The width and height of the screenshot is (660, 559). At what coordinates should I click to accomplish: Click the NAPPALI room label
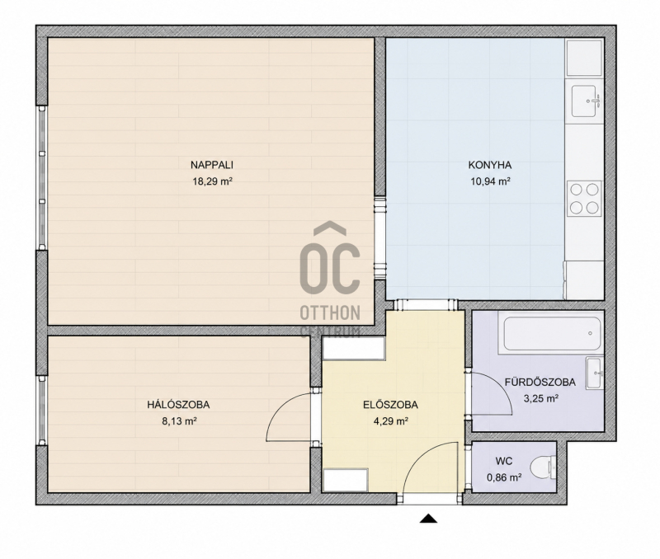click(x=212, y=165)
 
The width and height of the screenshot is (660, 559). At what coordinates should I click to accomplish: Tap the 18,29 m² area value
click(x=213, y=181)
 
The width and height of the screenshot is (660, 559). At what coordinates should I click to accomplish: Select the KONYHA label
click(x=490, y=165)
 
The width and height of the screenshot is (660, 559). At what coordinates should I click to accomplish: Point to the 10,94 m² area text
click(x=490, y=181)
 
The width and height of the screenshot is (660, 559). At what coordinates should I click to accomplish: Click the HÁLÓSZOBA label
click(x=178, y=405)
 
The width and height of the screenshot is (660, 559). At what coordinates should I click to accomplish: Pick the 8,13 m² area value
click(x=180, y=421)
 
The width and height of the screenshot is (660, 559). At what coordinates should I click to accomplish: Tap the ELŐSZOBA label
click(x=390, y=405)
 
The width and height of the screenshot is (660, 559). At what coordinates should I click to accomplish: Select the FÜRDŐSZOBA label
click(x=540, y=382)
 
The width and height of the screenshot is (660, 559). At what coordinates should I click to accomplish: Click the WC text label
click(x=504, y=462)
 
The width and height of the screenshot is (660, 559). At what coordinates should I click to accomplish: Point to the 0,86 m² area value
click(x=504, y=478)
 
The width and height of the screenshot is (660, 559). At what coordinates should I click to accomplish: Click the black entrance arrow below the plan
click(x=428, y=519)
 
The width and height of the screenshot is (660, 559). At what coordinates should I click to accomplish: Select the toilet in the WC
click(x=543, y=468)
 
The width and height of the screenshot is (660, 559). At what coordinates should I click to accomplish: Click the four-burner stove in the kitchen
click(x=584, y=199)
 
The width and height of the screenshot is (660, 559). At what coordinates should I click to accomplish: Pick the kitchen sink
click(x=585, y=101)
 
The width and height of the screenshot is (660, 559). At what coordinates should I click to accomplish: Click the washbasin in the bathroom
click(x=595, y=373)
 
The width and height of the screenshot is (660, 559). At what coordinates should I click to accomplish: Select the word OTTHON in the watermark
click(x=330, y=313)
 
